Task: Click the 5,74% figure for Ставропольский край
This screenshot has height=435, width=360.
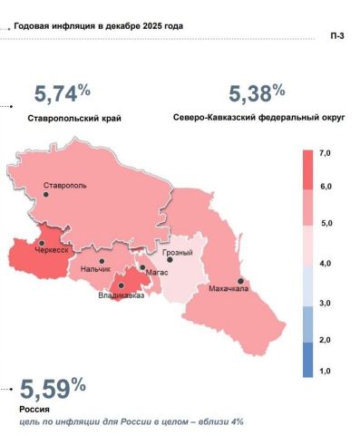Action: [x=62, y=93]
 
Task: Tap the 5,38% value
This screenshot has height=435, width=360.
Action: [x=257, y=93]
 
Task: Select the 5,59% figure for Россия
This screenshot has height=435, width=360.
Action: [x=54, y=390]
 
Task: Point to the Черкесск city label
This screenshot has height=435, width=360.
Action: [x=53, y=249]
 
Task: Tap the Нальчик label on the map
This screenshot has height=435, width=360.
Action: [x=96, y=269]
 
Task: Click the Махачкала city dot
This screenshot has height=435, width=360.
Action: [x=241, y=281]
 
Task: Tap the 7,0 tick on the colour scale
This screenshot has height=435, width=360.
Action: [x=326, y=155]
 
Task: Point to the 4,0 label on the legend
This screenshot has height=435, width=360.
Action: [x=326, y=262]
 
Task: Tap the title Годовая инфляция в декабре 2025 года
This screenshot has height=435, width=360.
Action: [x=99, y=25]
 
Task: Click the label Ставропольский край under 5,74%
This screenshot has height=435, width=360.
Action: [x=73, y=119]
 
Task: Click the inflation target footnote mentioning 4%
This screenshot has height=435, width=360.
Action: [x=131, y=421]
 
